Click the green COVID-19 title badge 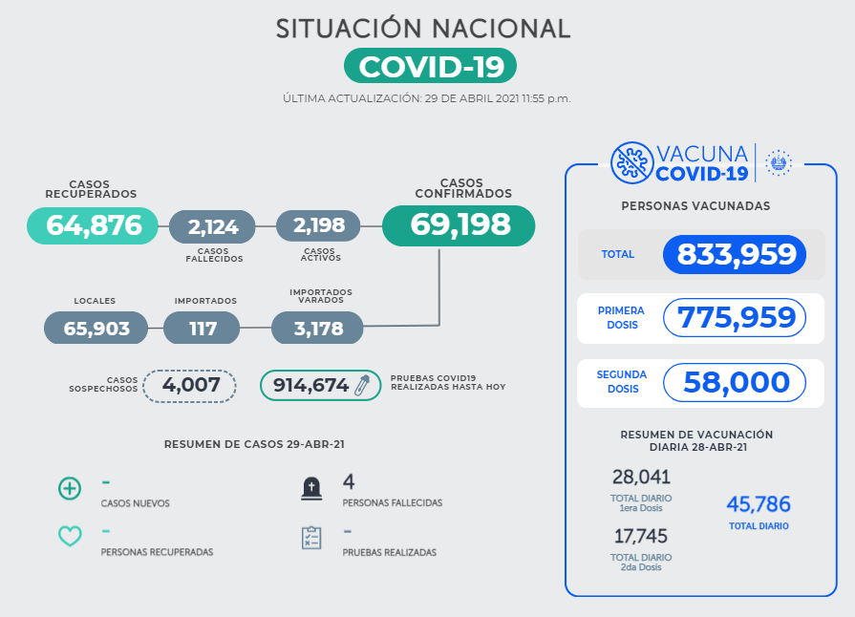[x=430, y=66]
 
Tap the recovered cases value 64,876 [x=93, y=225]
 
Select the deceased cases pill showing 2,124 [x=212, y=226]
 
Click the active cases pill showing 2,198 [x=318, y=225]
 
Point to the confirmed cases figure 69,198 [x=459, y=225]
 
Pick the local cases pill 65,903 [x=96, y=328]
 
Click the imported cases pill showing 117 [x=202, y=328]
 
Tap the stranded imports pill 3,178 [x=317, y=328]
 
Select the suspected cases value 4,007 [x=189, y=385]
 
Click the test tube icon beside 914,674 [x=363, y=385]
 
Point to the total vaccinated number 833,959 [x=736, y=254]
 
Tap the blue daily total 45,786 [x=759, y=504]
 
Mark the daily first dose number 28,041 [x=641, y=478]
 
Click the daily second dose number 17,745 [x=641, y=536]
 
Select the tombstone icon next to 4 [x=310, y=489]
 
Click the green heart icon [x=70, y=536]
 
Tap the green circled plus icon [x=70, y=489]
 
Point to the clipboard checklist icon [x=310, y=537]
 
